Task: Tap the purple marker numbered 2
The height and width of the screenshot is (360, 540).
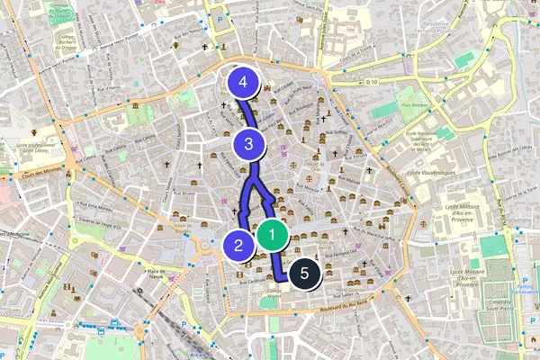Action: click(238, 244)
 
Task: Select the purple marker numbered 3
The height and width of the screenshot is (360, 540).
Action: click(248, 143)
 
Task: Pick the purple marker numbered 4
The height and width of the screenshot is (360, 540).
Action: click(244, 83)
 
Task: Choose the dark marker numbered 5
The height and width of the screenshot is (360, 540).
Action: click(304, 272)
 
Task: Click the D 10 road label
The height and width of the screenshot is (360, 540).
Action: click(373, 82)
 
